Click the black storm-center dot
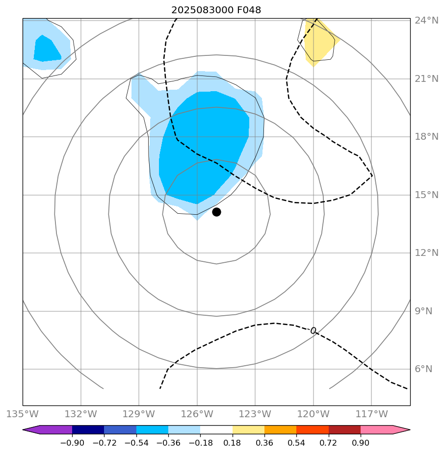tap(216, 212)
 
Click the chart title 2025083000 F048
tap(216, 10)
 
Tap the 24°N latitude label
tap(426, 21)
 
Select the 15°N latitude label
tap(426, 195)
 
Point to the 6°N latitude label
tap(423, 369)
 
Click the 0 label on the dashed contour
tap(313, 331)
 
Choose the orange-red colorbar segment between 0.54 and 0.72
tap(313, 430)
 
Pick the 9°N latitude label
tap(423, 311)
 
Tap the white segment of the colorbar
tap(216, 430)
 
